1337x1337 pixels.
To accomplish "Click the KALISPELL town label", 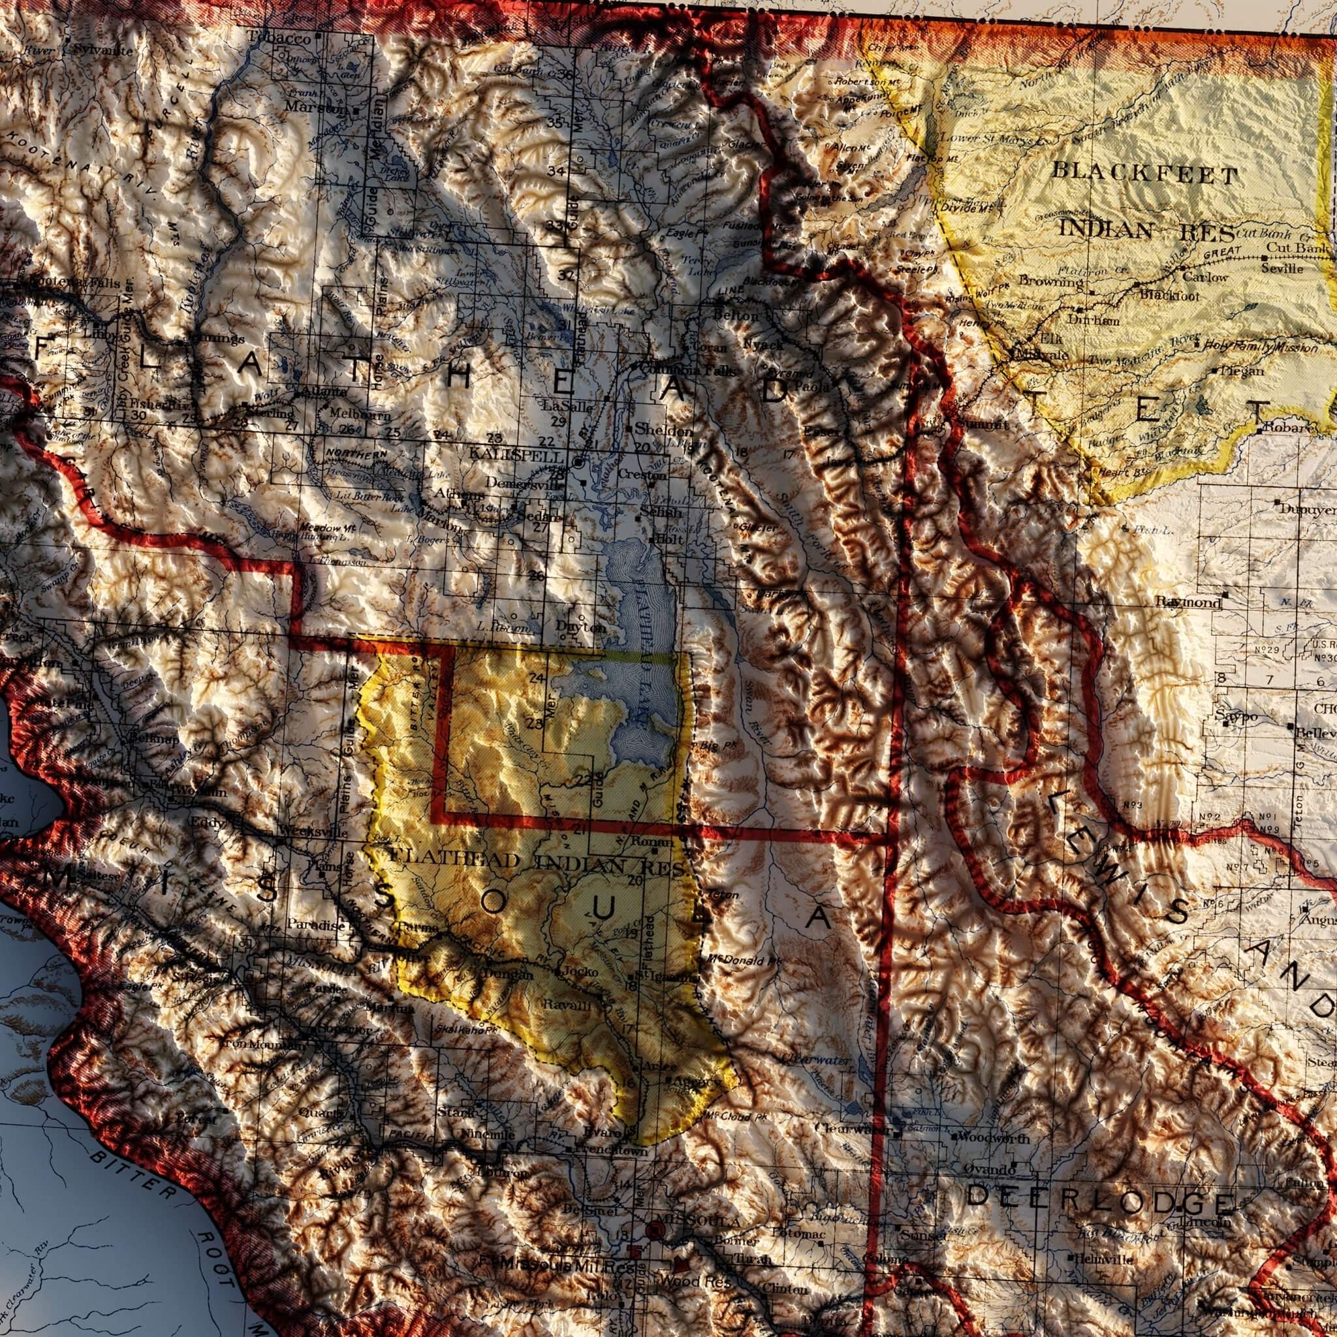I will tap(516, 456).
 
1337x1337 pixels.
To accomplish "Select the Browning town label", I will tap(1050, 281).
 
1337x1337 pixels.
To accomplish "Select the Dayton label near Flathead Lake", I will tap(580, 627).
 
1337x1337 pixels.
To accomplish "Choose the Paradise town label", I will tap(315, 924).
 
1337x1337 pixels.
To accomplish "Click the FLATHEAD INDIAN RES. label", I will tap(537, 862).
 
